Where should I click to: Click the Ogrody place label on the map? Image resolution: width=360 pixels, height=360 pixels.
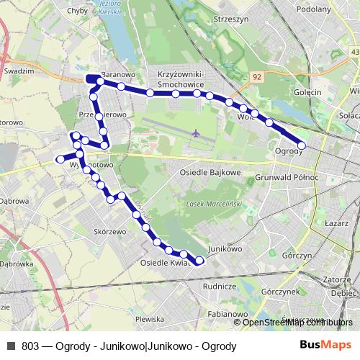288,151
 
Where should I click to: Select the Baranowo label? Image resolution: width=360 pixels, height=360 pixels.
119,74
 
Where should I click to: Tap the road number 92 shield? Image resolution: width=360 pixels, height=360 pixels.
257,76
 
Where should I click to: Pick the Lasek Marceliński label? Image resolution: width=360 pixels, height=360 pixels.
214,204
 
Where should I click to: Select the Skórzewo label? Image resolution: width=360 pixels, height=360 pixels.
110,232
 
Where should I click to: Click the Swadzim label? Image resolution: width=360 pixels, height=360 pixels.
19,72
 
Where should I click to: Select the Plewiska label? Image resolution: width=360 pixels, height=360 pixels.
150,318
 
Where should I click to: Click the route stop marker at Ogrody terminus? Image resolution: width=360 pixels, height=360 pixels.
302,145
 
